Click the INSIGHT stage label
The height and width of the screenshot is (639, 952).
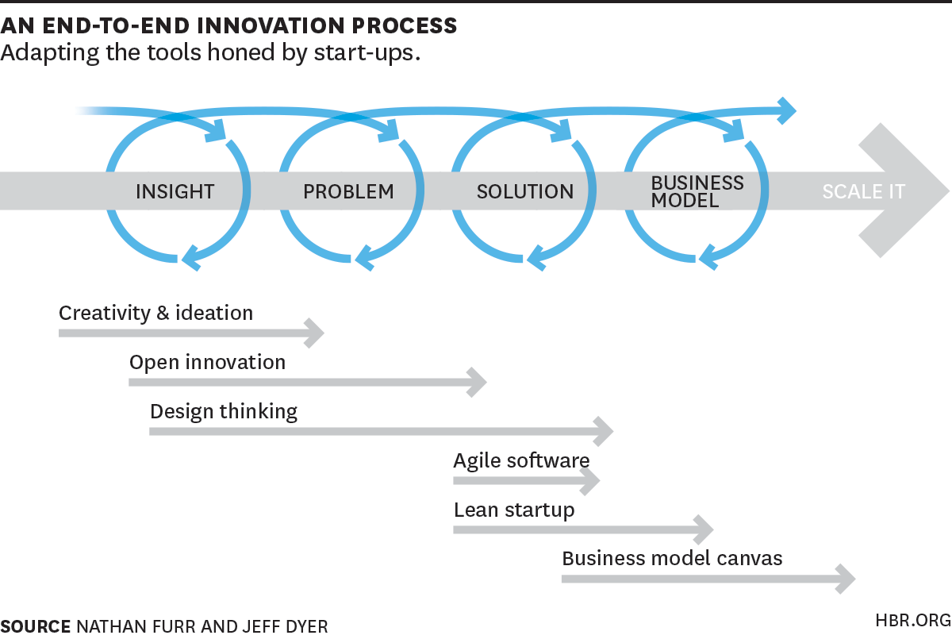tap(175, 191)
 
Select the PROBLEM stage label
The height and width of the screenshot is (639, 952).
tap(348, 191)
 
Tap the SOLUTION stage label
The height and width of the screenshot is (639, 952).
tap(524, 191)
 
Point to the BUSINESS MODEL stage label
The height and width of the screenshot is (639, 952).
tap(697, 191)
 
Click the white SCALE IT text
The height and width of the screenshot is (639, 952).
tap(863, 191)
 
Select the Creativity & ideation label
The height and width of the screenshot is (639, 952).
tap(155, 313)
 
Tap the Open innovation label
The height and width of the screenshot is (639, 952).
tap(207, 362)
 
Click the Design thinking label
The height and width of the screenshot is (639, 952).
tap(224, 411)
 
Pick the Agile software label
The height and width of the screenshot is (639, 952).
tap(521, 460)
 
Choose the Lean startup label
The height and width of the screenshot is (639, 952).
tap(513, 510)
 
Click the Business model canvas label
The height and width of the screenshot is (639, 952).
tap(672, 558)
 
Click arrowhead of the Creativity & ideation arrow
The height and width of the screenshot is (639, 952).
tap(316, 333)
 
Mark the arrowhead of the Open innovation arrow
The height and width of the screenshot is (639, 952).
tap(478, 382)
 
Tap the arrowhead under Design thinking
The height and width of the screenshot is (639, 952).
tap(605, 432)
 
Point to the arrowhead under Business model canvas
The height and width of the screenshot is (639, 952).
tap(846, 579)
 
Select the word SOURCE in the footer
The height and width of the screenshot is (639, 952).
tap(36, 626)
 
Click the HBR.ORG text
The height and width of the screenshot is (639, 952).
tap(912, 621)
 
